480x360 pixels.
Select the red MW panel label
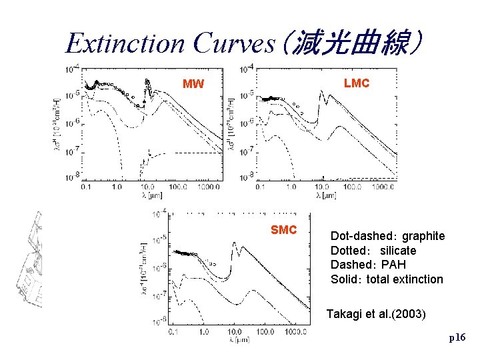[x=193, y=85]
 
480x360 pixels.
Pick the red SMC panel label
[x=283, y=230]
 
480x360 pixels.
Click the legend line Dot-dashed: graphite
[x=387, y=236]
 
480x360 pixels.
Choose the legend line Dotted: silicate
[x=373, y=251]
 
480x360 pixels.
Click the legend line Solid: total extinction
[x=387, y=279]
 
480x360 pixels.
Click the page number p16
[x=457, y=338]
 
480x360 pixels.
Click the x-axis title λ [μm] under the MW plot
[x=151, y=196]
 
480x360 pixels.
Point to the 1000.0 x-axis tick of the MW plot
[x=209, y=188]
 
